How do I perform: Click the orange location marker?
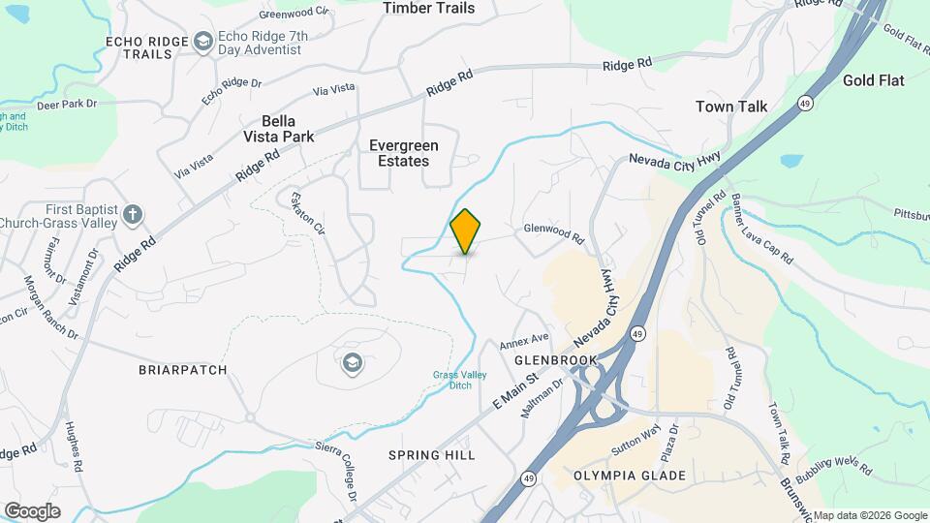point(466,231)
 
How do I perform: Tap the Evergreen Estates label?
point(404,153)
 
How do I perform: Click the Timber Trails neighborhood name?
point(429,9)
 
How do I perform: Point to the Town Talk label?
point(731,107)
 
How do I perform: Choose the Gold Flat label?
point(873,80)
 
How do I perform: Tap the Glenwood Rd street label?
point(554,232)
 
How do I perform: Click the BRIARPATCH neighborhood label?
point(183,370)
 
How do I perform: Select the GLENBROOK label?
point(555,359)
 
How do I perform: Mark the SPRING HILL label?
point(428,454)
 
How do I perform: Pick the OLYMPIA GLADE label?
point(630,476)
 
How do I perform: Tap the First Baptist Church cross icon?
point(133,214)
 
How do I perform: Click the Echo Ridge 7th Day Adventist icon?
point(203,41)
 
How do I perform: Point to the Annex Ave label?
point(524,342)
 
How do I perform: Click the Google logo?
point(32,510)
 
